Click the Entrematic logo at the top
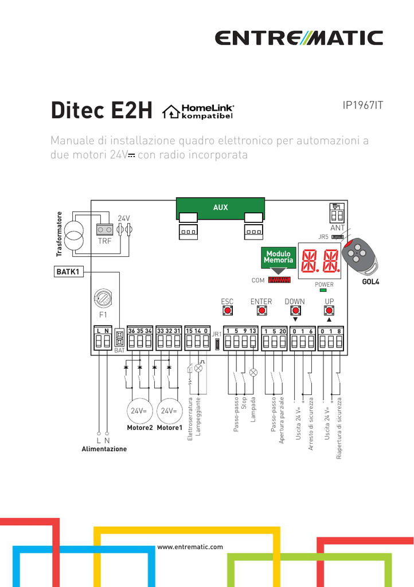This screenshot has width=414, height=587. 299,38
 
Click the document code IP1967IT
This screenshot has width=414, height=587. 362,105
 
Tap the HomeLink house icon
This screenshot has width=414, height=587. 171,112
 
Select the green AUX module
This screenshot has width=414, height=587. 220,208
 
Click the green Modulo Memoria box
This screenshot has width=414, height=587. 278,257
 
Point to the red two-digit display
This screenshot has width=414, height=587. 320,261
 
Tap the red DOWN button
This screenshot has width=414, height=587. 295,311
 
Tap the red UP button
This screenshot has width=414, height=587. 329,311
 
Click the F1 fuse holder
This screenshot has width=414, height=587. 103,299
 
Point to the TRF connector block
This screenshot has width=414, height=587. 105,230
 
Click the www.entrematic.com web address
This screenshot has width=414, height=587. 190,547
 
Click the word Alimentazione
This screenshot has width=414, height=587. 104,449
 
